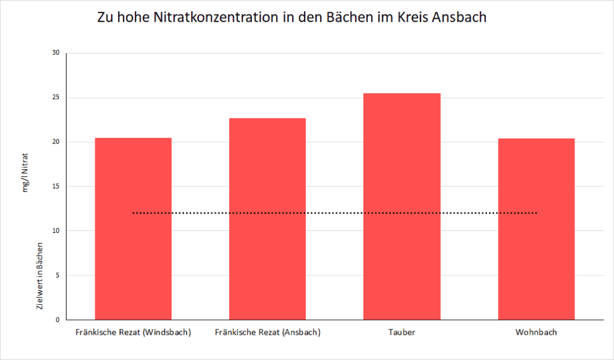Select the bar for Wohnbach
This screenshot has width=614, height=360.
(x=536, y=229)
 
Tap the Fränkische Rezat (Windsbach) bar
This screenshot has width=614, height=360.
(x=133, y=229)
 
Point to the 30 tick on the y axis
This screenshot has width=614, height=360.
(x=56, y=53)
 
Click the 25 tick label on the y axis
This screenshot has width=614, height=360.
(x=56, y=97)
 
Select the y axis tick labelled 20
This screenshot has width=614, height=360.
(x=56, y=142)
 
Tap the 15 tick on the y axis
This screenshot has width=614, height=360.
(x=56, y=187)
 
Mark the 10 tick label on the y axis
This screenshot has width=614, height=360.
(x=56, y=231)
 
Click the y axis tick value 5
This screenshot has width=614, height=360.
(x=58, y=275)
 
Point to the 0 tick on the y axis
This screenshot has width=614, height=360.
(x=58, y=320)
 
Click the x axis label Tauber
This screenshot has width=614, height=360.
(x=402, y=332)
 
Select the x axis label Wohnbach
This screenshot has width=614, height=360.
(x=536, y=332)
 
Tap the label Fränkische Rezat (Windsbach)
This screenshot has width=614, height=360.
(x=133, y=332)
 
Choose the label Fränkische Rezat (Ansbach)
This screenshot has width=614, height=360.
(x=267, y=332)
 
